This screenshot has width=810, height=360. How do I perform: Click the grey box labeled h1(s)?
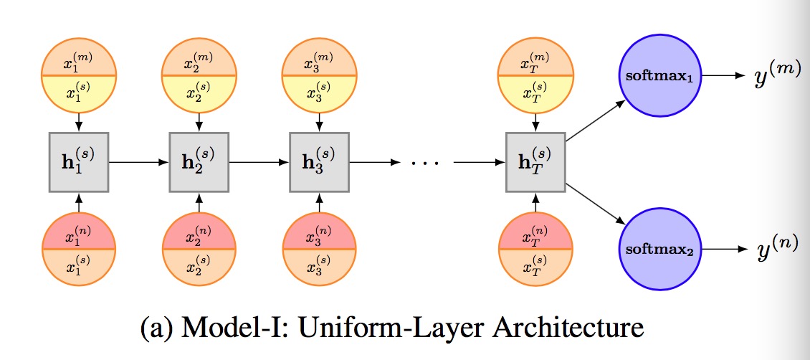[79, 162]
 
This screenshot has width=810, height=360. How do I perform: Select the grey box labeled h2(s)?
[199, 162]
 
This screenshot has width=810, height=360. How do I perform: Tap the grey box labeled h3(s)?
[320, 162]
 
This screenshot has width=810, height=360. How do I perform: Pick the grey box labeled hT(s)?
[536, 162]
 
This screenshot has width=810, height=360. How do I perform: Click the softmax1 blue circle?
[659, 75]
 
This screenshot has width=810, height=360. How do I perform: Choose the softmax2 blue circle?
[659, 249]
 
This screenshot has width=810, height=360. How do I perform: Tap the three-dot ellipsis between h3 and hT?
[424, 164]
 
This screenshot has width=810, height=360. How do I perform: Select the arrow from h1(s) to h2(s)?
[139, 162]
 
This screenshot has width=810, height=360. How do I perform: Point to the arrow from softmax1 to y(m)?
[724, 75]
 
